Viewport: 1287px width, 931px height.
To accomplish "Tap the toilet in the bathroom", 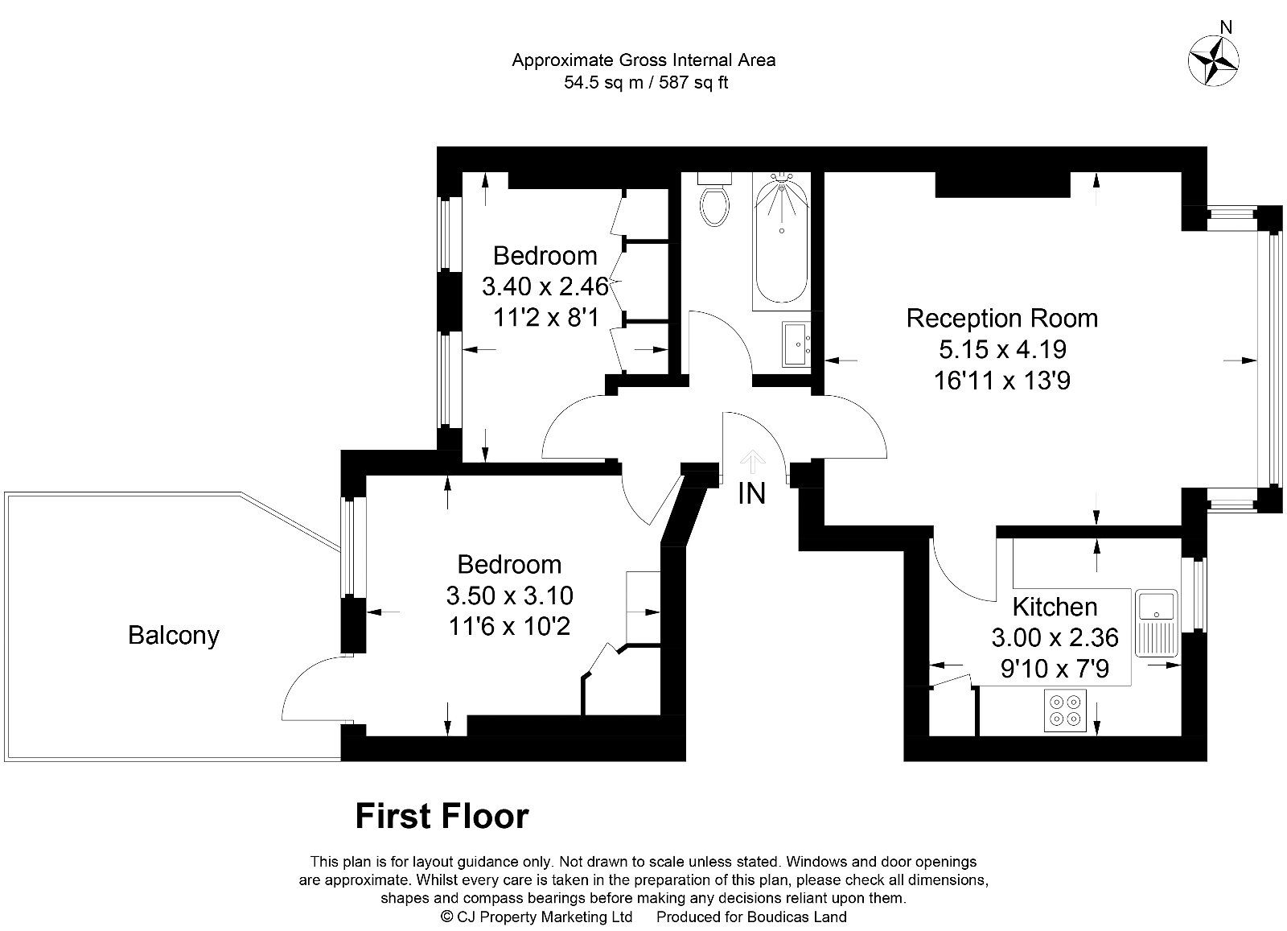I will click(714, 202).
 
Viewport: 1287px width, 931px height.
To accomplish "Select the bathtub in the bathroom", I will click(781, 242).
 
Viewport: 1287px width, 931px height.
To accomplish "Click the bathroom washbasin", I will click(797, 344).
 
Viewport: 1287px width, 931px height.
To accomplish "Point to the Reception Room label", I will click(1001, 318).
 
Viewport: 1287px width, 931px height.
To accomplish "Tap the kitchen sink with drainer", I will click(1156, 624).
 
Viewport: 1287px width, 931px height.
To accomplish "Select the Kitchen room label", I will click(1054, 607).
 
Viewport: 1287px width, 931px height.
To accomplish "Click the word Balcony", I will click(174, 636).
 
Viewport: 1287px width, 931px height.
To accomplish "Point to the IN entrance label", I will click(751, 493).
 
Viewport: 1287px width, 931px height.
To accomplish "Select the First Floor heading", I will click(442, 816).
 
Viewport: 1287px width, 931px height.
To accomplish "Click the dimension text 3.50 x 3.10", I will click(509, 595).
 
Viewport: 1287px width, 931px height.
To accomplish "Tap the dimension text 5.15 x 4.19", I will click(1002, 349).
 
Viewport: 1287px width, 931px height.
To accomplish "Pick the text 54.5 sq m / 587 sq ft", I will click(645, 82).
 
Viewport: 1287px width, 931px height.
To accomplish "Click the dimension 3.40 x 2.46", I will click(545, 286).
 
